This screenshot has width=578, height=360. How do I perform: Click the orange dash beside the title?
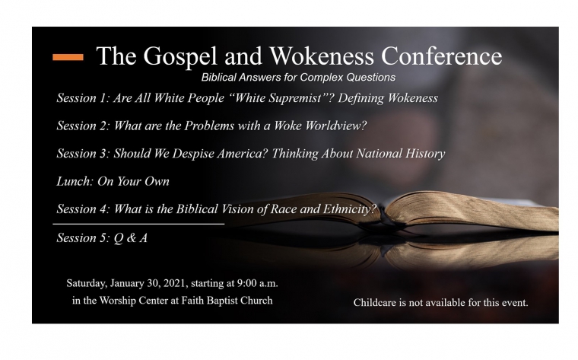68,57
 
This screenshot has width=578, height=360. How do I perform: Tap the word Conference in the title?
441,56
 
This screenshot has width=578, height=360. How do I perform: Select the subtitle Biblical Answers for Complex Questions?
298,78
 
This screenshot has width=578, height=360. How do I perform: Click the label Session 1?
83,97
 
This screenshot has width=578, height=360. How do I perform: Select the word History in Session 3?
425,154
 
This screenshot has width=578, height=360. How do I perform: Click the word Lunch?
74,181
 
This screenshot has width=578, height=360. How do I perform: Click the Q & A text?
131,238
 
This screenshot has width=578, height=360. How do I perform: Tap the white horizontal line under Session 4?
138,224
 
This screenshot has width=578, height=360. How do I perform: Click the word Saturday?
87,284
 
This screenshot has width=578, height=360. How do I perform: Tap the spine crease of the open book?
383,218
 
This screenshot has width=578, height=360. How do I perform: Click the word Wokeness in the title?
322,56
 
